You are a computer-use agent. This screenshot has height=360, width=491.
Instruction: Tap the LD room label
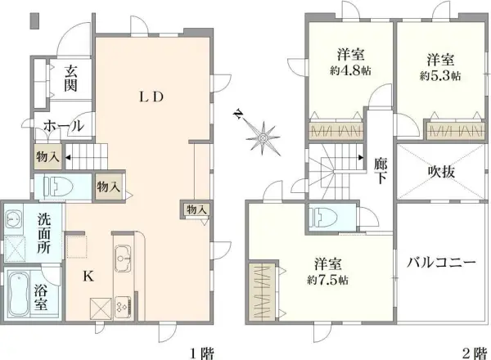[x=151, y=97]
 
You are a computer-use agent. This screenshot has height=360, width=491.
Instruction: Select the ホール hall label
[x=64, y=126]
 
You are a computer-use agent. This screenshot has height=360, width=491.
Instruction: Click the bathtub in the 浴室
[x=18, y=294]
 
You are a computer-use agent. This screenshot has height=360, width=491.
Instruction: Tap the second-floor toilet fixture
[x=322, y=216]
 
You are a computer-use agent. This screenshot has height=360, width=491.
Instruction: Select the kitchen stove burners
[x=123, y=306]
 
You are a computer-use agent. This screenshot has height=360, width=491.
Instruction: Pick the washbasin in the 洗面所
[x=13, y=219]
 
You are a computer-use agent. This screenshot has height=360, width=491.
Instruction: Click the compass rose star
[x=263, y=137]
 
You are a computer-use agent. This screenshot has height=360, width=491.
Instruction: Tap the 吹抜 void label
[x=441, y=172]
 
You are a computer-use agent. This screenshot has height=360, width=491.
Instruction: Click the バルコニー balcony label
[x=441, y=263]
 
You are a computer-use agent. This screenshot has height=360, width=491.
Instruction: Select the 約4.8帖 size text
[x=350, y=70]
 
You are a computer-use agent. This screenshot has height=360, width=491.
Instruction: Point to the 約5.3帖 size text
[x=440, y=76]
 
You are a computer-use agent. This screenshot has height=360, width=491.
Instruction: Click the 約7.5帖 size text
[x=327, y=280]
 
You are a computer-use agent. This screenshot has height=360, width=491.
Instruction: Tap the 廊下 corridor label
[x=381, y=170]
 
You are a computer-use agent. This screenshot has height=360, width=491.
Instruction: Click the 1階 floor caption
[x=202, y=353]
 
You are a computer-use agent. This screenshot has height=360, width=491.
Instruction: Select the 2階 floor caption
[x=474, y=353]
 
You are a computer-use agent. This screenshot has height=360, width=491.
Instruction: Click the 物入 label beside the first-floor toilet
[x=109, y=187]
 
